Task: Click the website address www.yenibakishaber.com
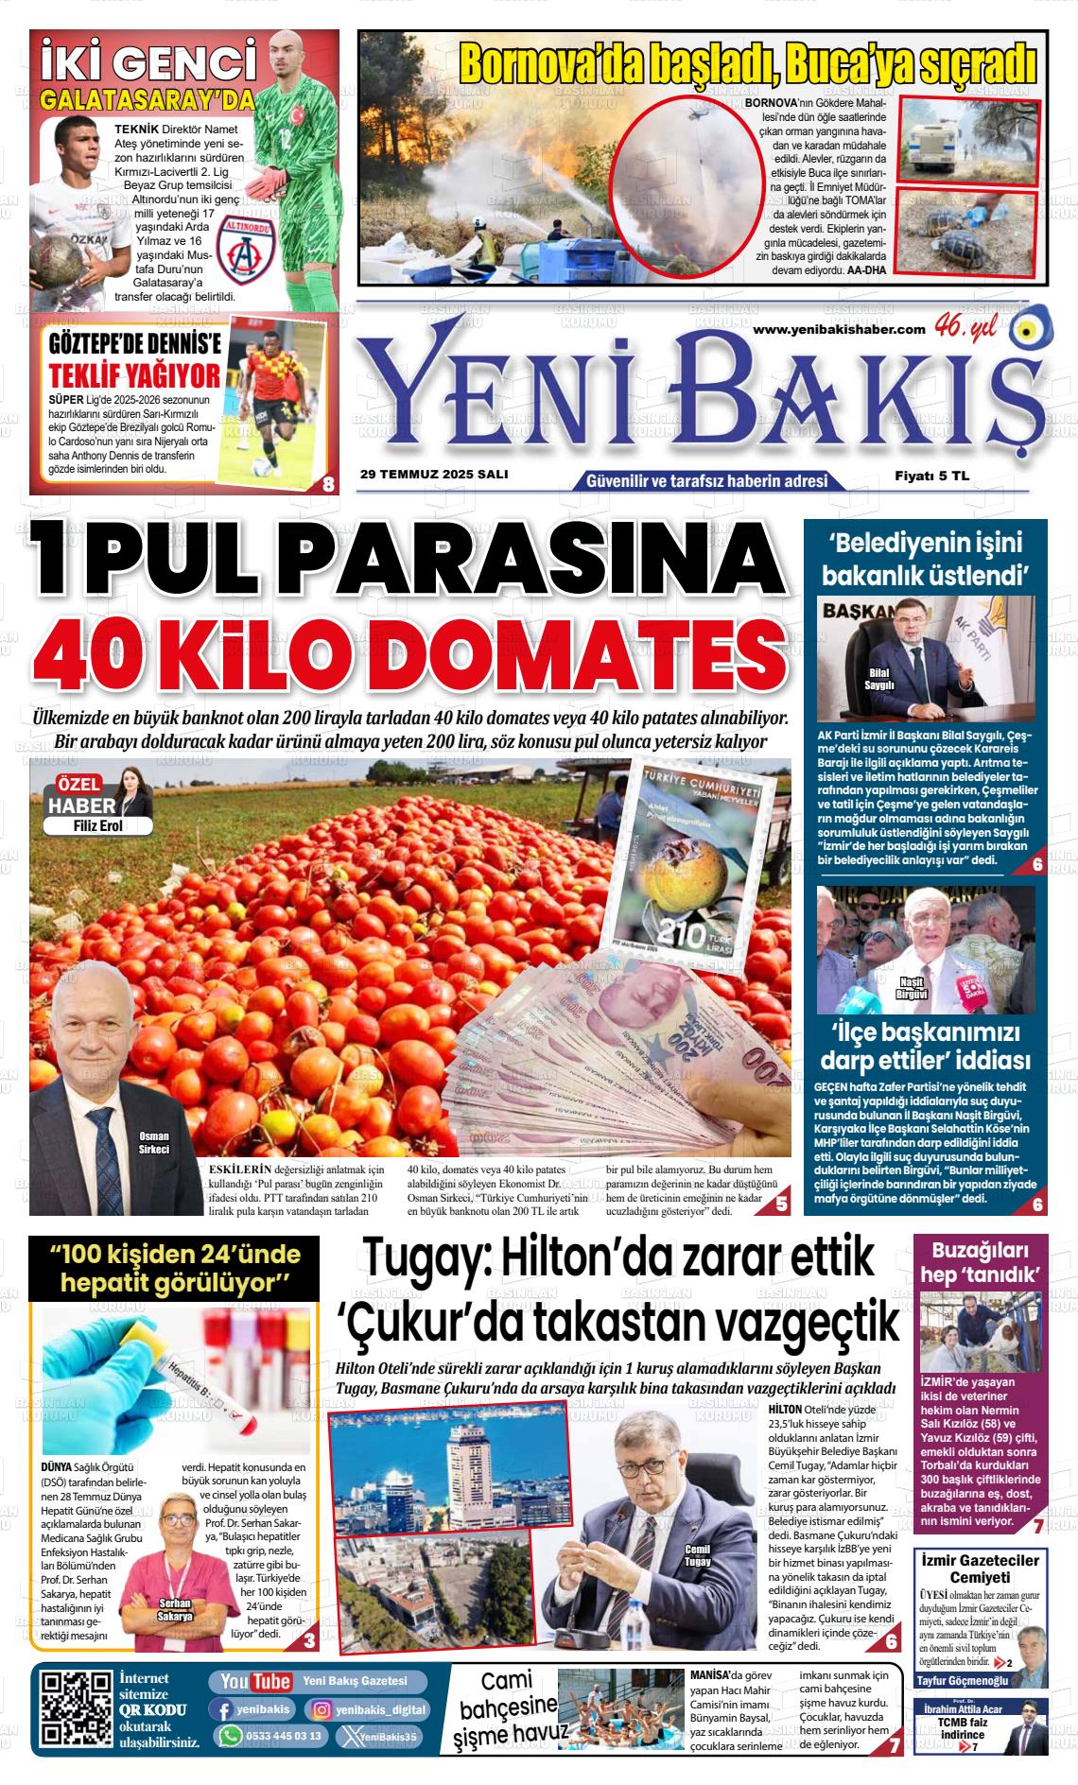tap(839, 328)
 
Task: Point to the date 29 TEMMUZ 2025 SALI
tap(434, 475)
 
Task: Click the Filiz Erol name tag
tap(97, 825)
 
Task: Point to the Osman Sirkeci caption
tap(153, 1142)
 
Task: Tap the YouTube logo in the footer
tap(255, 1681)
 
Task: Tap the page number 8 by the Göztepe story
tap(328, 484)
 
